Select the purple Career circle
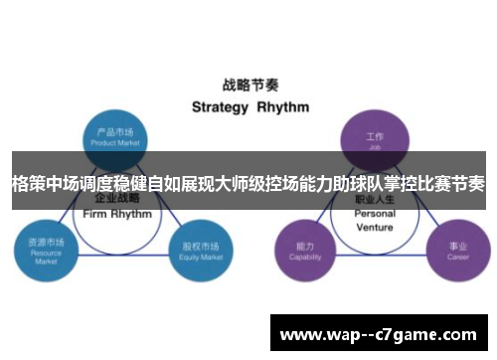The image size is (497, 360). click(x=456, y=250)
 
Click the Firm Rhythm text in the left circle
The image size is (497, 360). click(x=117, y=214)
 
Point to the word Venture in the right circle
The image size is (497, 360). click(x=375, y=227)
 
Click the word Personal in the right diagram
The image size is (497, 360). click(x=375, y=214)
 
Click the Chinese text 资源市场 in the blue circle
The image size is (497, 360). click(x=46, y=242)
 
